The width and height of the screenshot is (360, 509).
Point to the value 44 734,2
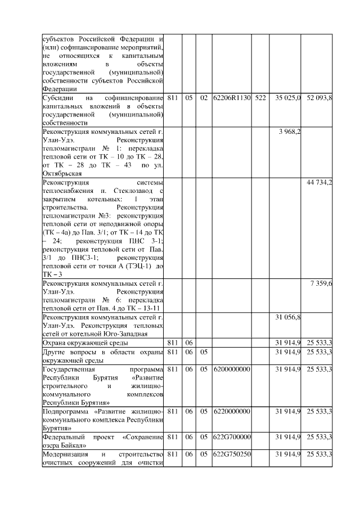(319, 183)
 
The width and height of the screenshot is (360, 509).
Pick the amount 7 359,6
(321, 283)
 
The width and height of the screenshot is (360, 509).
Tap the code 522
(260, 98)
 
